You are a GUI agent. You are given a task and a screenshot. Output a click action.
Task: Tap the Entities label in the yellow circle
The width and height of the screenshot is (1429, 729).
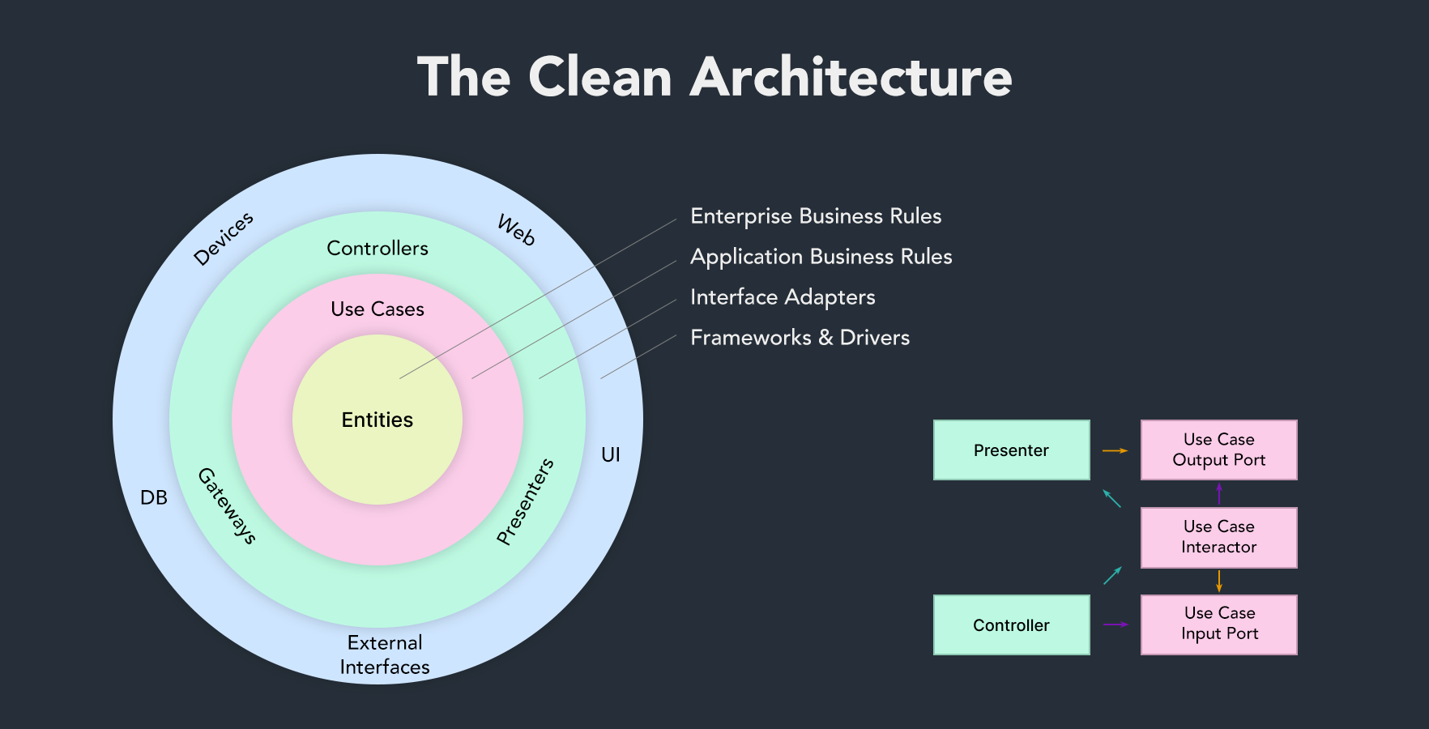click(x=378, y=420)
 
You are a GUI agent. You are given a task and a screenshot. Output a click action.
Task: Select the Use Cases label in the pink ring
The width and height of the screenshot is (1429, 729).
click(x=378, y=309)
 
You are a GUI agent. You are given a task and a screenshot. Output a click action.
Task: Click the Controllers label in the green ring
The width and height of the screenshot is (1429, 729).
click(x=378, y=249)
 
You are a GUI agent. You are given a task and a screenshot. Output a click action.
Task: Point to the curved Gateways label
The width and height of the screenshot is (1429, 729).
click(x=227, y=506)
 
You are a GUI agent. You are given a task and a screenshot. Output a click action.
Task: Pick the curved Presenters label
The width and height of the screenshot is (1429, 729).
click(x=526, y=501)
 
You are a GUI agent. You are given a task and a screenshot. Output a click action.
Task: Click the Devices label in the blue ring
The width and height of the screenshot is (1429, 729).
click(x=224, y=239)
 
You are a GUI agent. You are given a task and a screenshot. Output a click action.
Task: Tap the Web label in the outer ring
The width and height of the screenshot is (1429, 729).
click(x=516, y=230)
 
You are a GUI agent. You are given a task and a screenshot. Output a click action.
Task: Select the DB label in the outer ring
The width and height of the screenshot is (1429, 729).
click(x=154, y=497)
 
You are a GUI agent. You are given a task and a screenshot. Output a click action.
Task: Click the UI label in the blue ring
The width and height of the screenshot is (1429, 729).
click(x=611, y=455)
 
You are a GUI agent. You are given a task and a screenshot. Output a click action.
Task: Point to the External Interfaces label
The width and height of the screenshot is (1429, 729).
click(x=385, y=654)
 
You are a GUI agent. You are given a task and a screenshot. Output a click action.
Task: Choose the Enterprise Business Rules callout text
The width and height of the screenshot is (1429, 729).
click(x=816, y=216)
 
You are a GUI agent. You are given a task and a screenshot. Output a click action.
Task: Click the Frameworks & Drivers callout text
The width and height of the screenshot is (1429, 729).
click(x=800, y=338)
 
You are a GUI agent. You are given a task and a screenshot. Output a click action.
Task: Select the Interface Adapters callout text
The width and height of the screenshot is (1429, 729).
click(x=783, y=297)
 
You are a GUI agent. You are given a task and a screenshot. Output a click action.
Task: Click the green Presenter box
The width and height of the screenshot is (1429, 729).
click(x=1011, y=450)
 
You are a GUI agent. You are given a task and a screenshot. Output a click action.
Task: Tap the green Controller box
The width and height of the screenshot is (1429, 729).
click(x=1011, y=625)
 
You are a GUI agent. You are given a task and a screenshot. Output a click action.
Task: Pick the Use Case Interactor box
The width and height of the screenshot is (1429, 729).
click(x=1218, y=537)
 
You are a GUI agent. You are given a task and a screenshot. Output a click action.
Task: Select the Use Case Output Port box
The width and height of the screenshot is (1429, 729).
click(x=1218, y=450)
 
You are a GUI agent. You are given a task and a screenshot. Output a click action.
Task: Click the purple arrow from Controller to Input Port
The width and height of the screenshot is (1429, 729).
click(x=1115, y=625)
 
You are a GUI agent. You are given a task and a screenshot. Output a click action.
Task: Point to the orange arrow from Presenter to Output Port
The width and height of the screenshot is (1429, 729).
click(x=1115, y=450)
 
